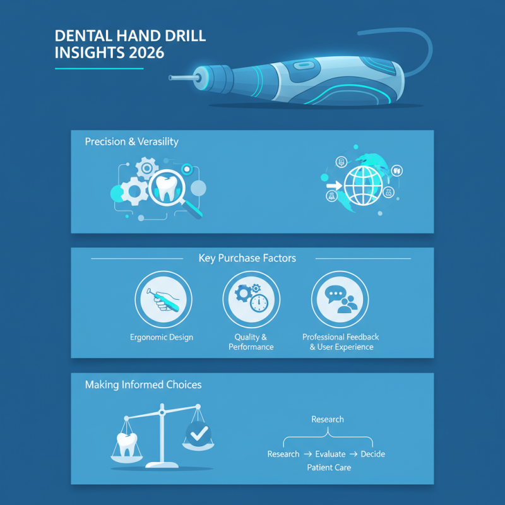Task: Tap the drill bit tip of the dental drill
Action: tap(172, 78)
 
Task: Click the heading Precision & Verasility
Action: tap(131, 142)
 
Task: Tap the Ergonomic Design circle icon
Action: tap(163, 300)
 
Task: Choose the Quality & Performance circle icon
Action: tap(251, 300)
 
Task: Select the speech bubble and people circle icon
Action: tap(340, 300)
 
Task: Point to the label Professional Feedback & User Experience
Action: tap(340, 342)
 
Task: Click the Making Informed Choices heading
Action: tap(143, 384)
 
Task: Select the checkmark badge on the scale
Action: tap(199, 434)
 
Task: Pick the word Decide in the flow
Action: tap(372, 454)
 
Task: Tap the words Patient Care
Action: tap(329, 468)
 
